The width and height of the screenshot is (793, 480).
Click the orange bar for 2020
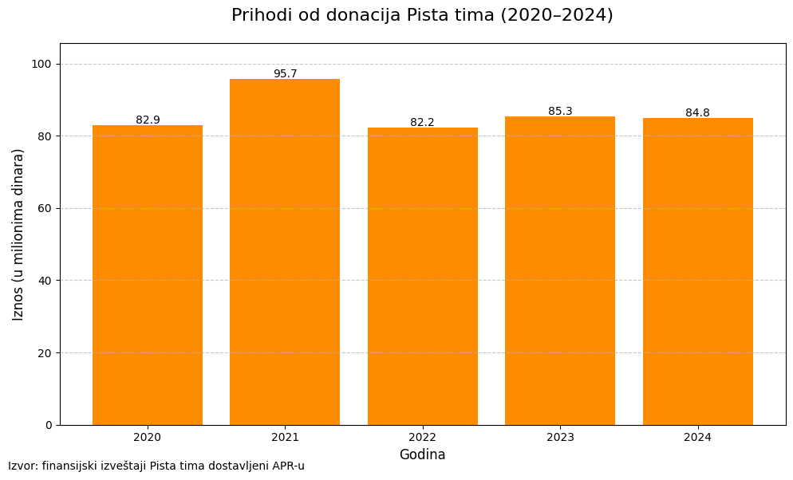148,275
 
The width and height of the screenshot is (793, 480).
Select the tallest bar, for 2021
285,252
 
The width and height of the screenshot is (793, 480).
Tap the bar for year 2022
422,276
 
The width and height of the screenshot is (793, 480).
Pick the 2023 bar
560,270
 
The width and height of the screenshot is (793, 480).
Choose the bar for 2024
697,271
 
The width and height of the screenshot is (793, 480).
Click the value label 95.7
285,73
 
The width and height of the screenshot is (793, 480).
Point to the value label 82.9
148,120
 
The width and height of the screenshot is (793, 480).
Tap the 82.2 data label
422,122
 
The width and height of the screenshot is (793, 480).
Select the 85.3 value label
560,111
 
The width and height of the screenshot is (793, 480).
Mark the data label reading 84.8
697,112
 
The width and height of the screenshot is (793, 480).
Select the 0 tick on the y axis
49,425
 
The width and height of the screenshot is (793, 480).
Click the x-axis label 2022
422,437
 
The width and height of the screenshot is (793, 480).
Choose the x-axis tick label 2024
697,437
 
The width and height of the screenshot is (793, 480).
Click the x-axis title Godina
422,454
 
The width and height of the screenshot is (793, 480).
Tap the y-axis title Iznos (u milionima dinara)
18,234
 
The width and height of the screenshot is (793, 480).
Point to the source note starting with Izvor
156,466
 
